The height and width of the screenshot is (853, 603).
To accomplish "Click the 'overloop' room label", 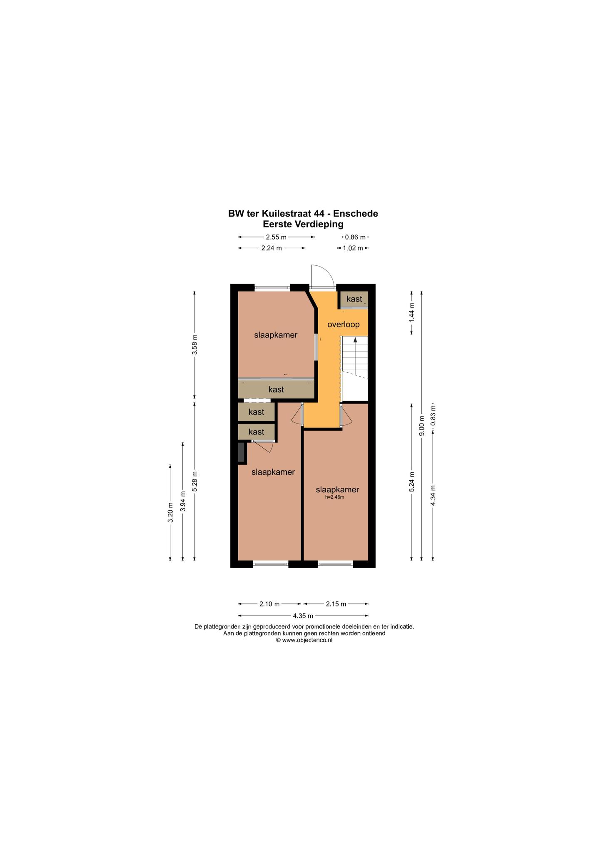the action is pyautogui.click(x=343, y=324).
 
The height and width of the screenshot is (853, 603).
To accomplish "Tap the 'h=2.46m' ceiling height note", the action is pyautogui.click(x=335, y=497).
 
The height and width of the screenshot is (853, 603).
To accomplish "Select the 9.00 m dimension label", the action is pyautogui.click(x=421, y=426).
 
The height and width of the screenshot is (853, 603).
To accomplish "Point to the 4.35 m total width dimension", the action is pyautogui.click(x=303, y=616).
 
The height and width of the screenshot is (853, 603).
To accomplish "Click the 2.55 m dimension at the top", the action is pyautogui.click(x=276, y=237).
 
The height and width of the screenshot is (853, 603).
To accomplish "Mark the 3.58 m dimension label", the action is pyautogui.click(x=194, y=344).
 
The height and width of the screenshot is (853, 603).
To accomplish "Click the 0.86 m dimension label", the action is pyautogui.click(x=355, y=237).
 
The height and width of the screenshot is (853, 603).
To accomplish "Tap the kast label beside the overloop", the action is pyautogui.click(x=354, y=299).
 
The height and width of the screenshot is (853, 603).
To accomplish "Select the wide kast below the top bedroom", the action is pyautogui.click(x=276, y=389).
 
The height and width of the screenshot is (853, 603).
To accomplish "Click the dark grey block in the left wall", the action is pyautogui.click(x=241, y=452).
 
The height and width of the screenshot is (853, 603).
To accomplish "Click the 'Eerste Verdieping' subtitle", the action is pyautogui.click(x=303, y=224).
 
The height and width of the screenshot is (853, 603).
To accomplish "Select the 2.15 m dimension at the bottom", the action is pyautogui.click(x=336, y=604).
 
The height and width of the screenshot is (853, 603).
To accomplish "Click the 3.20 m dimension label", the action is pyautogui.click(x=170, y=513).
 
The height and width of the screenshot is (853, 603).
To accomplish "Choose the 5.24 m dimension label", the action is pyautogui.click(x=411, y=482).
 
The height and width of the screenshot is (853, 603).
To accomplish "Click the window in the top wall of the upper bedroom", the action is pyautogui.click(x=272, y=287).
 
